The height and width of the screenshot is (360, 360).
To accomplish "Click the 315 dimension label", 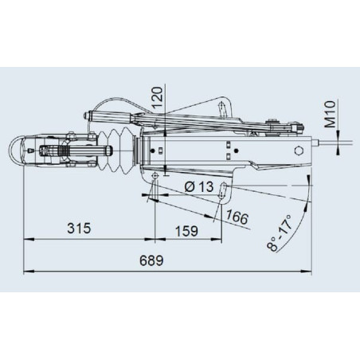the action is click(x=79, y=229).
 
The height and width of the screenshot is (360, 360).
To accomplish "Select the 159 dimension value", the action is click(x=186, y=231).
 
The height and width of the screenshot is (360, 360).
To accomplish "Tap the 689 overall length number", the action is click(x=151, y=260).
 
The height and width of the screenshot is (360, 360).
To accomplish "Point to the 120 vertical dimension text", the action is click(x=158, y=97).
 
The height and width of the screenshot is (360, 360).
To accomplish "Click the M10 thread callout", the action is click(x=331, y=114).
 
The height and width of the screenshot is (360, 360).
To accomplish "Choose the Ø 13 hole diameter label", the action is click(x=199, y=186).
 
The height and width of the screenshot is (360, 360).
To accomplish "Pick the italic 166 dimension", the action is click(x=237, y=217).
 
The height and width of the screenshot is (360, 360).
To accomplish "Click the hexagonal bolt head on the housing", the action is click(x=299, y=151).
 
